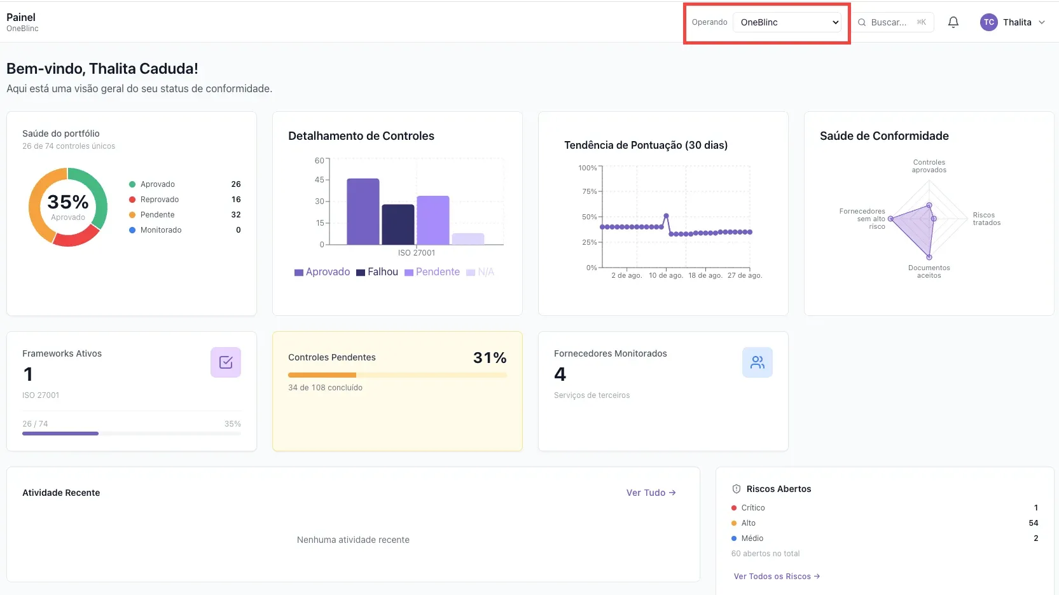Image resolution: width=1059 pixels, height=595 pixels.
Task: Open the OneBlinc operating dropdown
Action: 787,22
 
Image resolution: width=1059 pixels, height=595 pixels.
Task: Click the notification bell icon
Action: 953,22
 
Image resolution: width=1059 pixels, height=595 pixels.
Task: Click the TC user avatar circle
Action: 988,22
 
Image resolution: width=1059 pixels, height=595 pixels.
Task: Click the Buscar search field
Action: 892,22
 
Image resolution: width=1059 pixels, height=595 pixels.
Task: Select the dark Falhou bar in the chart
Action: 398,224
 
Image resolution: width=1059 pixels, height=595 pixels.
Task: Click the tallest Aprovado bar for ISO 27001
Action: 363,212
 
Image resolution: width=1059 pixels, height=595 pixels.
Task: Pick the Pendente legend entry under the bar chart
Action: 432,271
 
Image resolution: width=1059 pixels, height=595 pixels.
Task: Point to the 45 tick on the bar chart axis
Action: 319,180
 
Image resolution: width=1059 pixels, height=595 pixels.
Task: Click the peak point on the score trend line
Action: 666,216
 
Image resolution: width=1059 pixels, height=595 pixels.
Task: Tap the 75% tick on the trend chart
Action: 589,191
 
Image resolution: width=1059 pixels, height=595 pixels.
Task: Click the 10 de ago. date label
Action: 666,275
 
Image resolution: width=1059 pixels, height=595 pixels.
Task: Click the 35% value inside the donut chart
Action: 68,202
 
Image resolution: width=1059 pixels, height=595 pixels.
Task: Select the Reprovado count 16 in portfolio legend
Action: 236,200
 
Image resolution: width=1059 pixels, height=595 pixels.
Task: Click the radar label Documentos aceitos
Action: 929,271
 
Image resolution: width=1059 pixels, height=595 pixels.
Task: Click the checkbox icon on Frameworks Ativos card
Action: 226,362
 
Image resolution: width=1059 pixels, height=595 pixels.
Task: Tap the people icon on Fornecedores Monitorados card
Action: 758,362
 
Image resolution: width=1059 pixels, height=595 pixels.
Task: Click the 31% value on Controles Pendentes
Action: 490,358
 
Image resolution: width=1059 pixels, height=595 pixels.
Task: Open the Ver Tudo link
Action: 651,493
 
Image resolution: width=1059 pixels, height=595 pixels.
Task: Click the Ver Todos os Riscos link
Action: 777,576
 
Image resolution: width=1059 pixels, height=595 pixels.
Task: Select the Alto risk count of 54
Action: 1034,523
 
